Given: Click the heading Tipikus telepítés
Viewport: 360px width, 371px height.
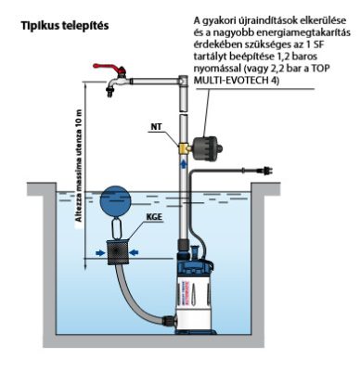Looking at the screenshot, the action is point(65,25).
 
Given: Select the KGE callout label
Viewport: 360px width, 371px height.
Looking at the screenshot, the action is point(154,216).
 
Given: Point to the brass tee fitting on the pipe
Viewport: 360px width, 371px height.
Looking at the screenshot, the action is point(185,148).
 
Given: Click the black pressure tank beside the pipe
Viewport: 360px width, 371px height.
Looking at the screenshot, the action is point(208,148).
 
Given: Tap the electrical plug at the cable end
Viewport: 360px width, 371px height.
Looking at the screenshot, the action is point(265,171).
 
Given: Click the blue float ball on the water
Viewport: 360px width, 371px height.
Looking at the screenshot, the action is point(116,200).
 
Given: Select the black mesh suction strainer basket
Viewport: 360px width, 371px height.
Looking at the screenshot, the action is point(117,252).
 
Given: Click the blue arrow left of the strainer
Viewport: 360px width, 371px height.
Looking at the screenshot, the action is point(100,253).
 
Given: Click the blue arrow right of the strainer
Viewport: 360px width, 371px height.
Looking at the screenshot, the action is point(134,253).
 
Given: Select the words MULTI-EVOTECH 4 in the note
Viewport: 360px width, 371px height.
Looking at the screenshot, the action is point(235,81).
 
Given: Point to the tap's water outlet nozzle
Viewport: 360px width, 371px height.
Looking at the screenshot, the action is point(109,91).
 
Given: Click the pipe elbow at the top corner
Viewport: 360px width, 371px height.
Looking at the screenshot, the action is point(184,81).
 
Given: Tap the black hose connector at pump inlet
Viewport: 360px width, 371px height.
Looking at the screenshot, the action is point(169,321).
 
